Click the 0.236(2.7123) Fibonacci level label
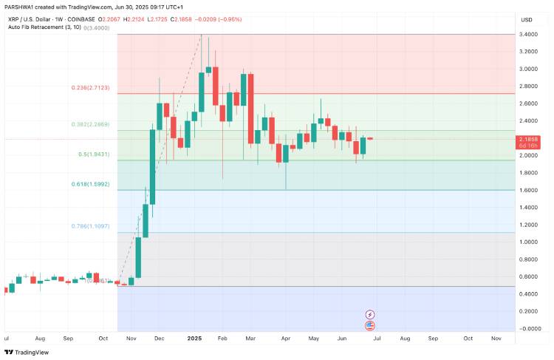click(91, 87)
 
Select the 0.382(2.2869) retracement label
click(91, 124)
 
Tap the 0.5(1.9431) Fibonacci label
click(94, 154)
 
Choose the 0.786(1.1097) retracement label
click(91, 226)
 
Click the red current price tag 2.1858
click(530, 138)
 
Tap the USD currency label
click(527, 19)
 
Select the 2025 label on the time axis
click(194, 338)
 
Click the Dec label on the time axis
click(159, 338)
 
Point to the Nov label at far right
click(497, 338)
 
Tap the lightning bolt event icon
click(370, 315)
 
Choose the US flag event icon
click(370, 325)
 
